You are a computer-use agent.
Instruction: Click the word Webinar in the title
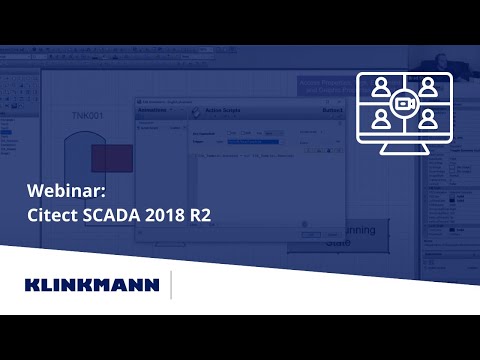tap(59, 191)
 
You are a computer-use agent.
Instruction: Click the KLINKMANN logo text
tap(91, 285)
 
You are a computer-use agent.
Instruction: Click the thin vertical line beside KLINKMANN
tap(171, 285)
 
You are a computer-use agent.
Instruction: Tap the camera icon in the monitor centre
tap(404, 104)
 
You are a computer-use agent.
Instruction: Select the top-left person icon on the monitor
tap(380, 88)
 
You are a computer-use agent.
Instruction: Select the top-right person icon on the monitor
tap(428, 88)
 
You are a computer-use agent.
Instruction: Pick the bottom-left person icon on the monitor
tap(380, 120)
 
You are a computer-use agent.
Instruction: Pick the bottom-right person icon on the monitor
tap(428, 120)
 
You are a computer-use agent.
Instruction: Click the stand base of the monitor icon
tap(404, 159)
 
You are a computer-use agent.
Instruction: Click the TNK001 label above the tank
tap(88, 118)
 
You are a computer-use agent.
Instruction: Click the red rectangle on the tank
tap(111, 157)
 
